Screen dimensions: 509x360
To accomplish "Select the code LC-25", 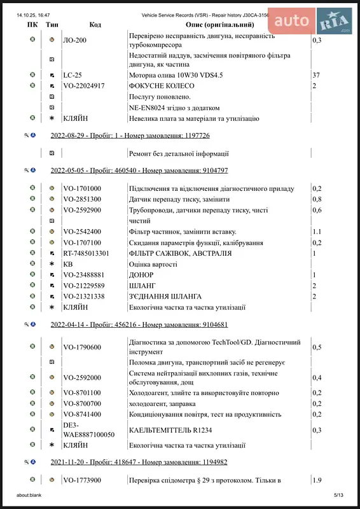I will click(73, 75).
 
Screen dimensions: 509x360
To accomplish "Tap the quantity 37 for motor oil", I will click(316, 75).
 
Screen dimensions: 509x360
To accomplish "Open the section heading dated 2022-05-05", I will click(139, 171).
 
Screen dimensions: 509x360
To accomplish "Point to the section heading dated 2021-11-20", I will click(139, 462).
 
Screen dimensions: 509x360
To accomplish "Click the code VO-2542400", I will click(82, 232).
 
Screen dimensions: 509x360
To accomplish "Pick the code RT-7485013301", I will click(86, 253).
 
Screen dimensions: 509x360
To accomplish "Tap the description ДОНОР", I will click(142, 275).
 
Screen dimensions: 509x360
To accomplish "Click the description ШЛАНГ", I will click(142, 286).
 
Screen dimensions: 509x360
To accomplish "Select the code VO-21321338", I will click(84, 296).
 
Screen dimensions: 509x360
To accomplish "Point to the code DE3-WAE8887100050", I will click(88, 429).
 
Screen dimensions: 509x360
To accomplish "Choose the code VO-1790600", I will click(82, 347).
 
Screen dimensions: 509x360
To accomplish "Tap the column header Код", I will click(95, 25).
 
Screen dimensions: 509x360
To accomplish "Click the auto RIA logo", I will click(310, 21).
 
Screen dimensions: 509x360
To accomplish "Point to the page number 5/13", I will click(338, 494).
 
